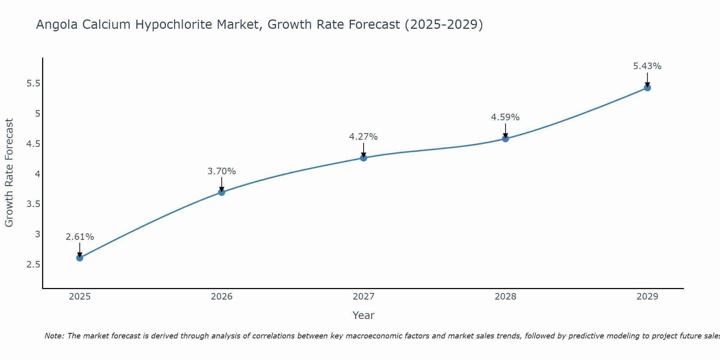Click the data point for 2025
80,258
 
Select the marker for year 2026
222,192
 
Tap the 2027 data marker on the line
364,158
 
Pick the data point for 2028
505,139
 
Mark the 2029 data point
647,87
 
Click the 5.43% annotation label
647,66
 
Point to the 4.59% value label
505,117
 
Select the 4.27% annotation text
364,137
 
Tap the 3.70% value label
222,171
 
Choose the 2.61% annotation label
80,237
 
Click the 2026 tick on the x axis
222,297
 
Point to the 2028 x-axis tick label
505,297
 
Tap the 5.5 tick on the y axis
33,84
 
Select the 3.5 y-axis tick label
33,204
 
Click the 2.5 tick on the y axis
33,265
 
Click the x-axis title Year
364,315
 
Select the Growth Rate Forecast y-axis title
9,173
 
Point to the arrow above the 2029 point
647,79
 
